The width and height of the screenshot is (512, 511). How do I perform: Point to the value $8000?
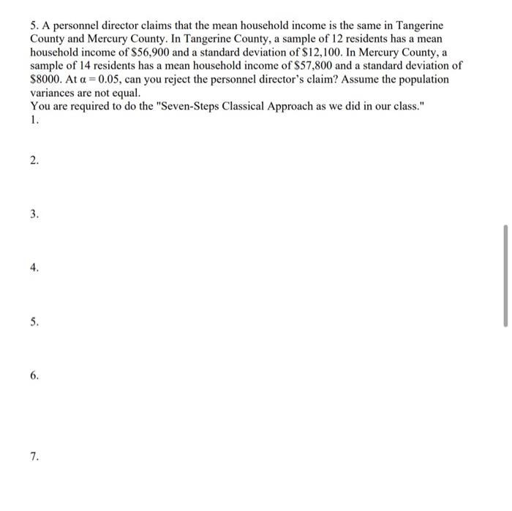pos(45,79)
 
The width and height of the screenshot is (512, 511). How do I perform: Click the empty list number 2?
pos(34,161)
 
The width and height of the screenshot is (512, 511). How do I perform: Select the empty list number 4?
pos(34,268)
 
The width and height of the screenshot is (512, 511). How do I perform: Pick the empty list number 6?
pos(34,376)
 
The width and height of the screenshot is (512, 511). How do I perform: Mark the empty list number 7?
pos(34,457)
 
